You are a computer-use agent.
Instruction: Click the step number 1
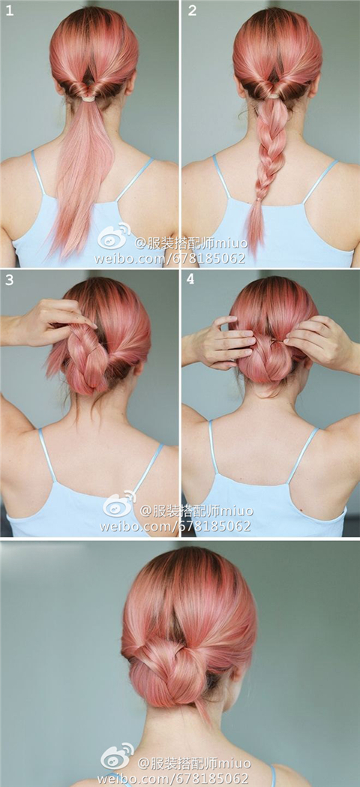[10, 10]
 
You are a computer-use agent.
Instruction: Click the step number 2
[192, 10]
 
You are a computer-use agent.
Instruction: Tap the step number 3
[9, 280]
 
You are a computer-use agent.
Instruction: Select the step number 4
[190, 279]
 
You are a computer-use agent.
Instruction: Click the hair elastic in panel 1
[88, 98]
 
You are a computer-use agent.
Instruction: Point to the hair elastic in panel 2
[273, 95]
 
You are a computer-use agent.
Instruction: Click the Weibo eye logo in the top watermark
[113, 236]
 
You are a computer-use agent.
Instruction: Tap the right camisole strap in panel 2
[319, 182]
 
